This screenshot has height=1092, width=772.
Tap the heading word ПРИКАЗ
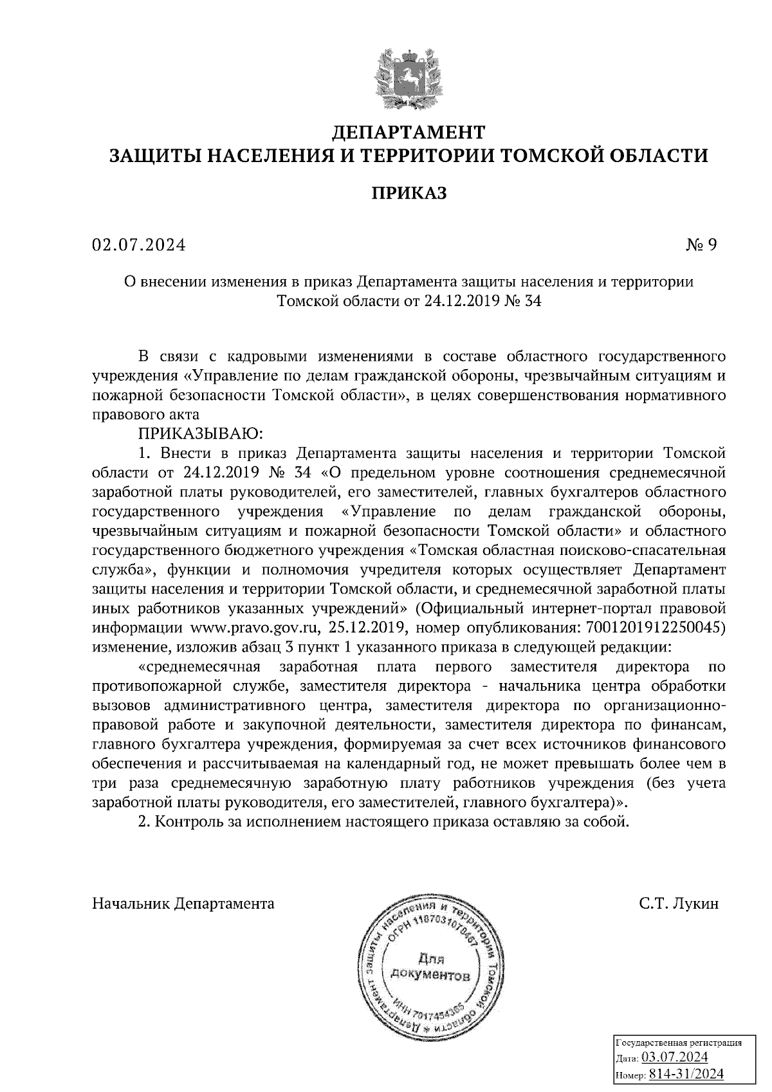tap(409, 193)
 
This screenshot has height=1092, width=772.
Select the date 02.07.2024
tap(138, 245)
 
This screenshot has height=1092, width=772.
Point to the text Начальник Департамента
tap(183, 904)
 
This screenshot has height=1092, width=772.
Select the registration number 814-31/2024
tap(686, 1074)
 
